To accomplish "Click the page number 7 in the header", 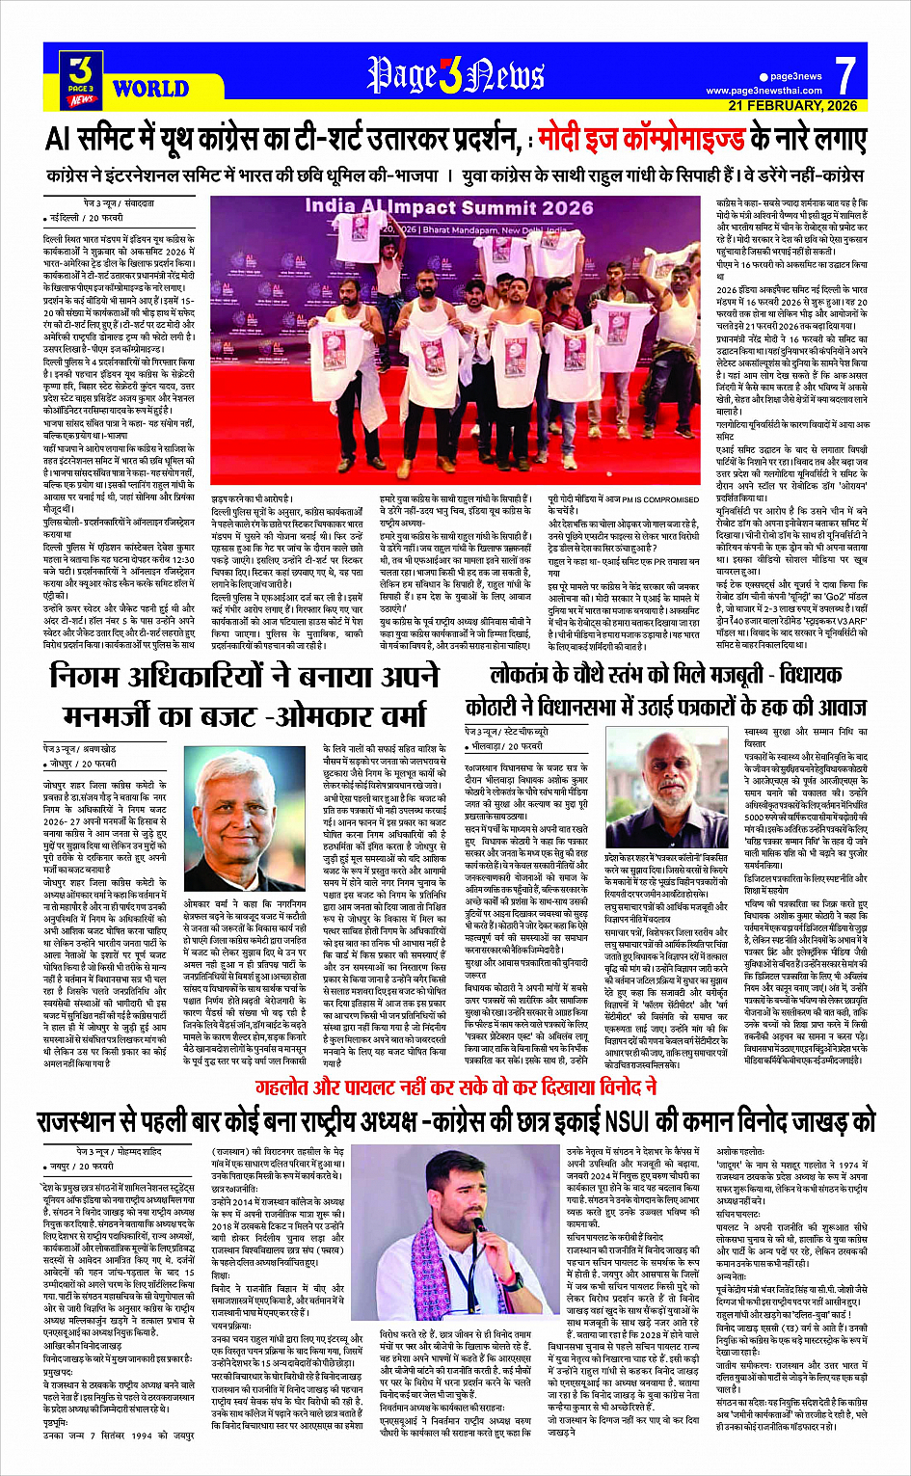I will (x=844, y=75).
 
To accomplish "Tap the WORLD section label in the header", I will (x=150, y=90).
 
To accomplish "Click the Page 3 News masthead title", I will (x=456, y=75).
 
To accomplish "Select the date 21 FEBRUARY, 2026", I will (x=792, y=106).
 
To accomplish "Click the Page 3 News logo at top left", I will (x=82, y=78).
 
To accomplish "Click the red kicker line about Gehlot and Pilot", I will (x=455, y=1088).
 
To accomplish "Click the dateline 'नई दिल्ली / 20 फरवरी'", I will (x=88, y=218).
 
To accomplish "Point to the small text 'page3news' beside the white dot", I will (x=796, y=76).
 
